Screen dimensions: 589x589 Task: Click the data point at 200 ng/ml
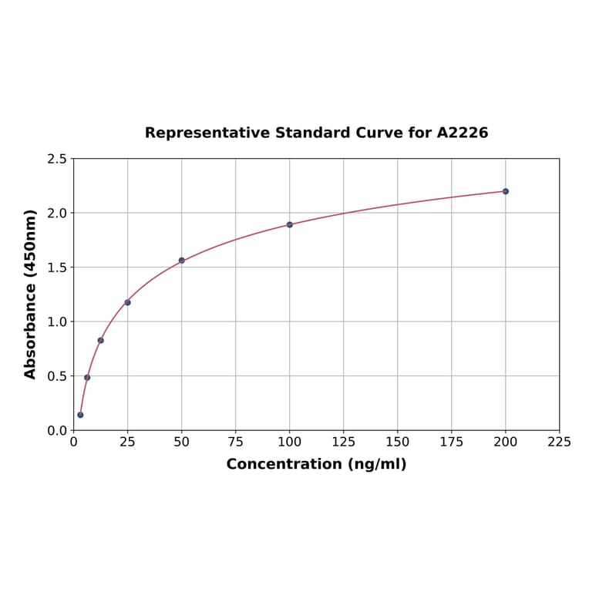(506, 191)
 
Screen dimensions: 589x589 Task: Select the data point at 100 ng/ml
(290, 224)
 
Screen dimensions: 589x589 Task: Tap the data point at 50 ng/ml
(182, 261)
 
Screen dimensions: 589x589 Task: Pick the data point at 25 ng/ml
(127, 302)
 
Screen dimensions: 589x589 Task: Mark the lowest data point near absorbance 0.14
(80, 415)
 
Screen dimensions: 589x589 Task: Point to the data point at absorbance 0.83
(100, 340)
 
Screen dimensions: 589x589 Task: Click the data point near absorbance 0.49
(87, 377)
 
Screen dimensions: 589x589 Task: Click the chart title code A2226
(463, 133)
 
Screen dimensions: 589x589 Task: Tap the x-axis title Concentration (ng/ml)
(316, 464)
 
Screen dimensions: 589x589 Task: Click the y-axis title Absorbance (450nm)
(31, 294)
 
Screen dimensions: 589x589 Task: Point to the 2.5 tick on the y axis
(56, 159)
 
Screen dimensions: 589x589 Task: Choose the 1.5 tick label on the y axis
(56, 268)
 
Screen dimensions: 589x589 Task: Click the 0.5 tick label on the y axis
(56, 376)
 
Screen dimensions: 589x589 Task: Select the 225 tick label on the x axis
(559, 442)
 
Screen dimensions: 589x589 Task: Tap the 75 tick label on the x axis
(236, 442)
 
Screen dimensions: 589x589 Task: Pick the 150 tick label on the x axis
(398, 442)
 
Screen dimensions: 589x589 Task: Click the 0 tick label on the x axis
(73, 442)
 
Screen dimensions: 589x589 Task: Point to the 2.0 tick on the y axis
(56, 213)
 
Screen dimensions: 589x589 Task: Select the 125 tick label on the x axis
(344, 442)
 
